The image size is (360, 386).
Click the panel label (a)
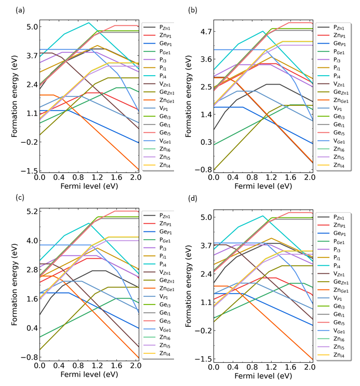coord(20,10)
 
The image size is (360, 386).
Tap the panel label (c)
coord(20,198)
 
